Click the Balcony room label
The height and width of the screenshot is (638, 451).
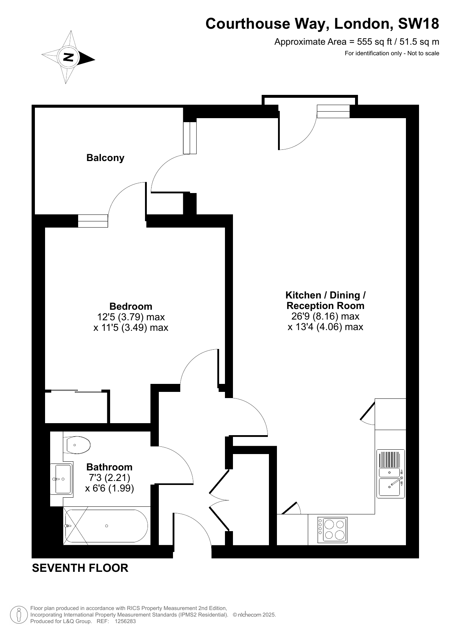tap(105, 158)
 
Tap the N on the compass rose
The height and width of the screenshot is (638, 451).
tap(68, 57)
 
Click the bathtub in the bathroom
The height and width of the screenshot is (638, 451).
tap(106, 526)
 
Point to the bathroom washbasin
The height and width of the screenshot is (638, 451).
tap(63, 479)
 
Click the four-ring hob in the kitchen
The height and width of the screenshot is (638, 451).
tap(333, 530)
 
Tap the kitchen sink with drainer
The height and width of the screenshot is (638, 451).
tap(391, 474)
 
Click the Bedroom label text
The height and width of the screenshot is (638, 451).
tap(131, 306)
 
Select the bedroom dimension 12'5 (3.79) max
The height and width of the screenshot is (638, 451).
tap(131, 317)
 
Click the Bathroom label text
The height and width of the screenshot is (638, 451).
tap(109, 467)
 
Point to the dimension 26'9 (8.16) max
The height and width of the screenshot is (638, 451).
tap(326, 316)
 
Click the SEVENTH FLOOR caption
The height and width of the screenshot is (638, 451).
tap(80, 568)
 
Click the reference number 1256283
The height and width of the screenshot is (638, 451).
tap(125, 621)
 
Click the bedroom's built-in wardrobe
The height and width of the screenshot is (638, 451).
tap(76, 407)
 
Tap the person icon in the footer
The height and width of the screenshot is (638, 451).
tap(19, 615)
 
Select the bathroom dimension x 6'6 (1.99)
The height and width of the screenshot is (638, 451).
tap(109, 488)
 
